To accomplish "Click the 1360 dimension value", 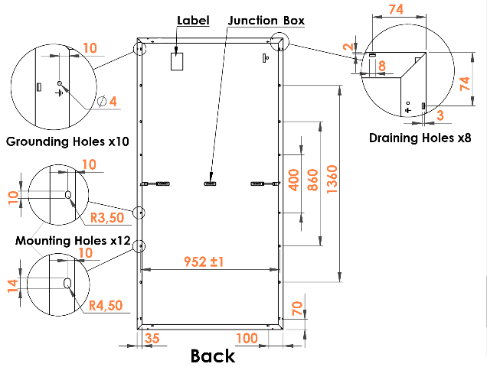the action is pyautogui.click(x=332, y=180).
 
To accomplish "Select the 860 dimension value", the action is pyautogui.click(x=312, y=180).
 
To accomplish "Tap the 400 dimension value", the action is pyautogui.click(x=294, y=180).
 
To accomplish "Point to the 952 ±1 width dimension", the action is pyautogui.click(x=204, y=261).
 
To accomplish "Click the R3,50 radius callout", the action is pyautogui.click(x=107, y=218).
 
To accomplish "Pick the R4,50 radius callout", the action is pyautogui.click(x=106, y=306).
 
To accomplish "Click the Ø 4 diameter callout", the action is pyautogui.click(x=107, y=102).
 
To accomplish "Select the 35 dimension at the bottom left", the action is pyautogui.click(x=152, y=338).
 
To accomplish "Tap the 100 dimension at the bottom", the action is pyautogui.click(x=247, y=338).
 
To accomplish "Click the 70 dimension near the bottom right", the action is pyautogui.click(x=297, y=308).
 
